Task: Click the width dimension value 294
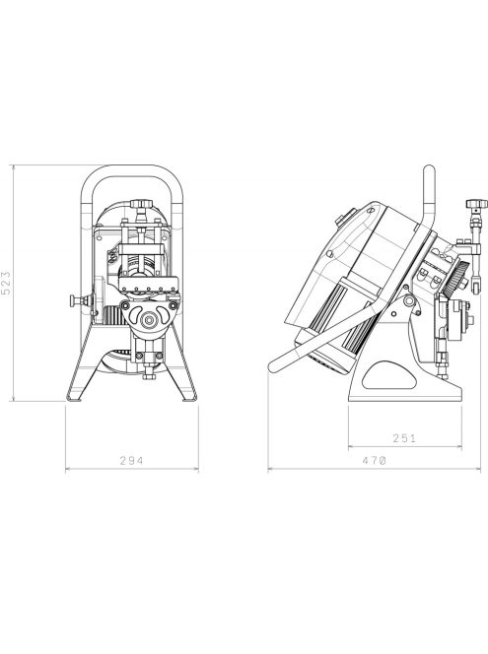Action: pos(131,459)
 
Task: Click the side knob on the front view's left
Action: pos(74,298)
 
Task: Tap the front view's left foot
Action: pos(71,396)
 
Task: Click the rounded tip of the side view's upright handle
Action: pos(428,170)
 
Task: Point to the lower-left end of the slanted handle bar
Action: pos(275,367)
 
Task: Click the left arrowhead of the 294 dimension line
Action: pos(68,469)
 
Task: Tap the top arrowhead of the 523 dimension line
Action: pos(14,168)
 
